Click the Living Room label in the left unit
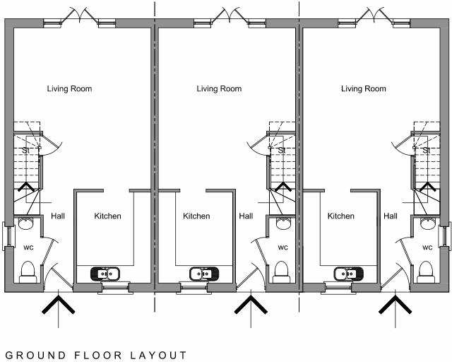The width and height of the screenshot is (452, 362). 69,89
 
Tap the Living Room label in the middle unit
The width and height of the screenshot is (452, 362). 219,89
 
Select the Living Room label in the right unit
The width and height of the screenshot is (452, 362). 364,89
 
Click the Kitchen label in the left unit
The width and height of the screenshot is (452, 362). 108,216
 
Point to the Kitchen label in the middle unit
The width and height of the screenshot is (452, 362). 196,216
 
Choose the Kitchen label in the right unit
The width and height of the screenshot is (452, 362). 340,216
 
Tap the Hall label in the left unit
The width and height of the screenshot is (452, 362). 58,216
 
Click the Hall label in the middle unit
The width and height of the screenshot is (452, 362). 246,216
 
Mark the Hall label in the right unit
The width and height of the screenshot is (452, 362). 390,216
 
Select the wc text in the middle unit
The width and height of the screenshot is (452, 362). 282,247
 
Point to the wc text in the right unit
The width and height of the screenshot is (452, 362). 427,247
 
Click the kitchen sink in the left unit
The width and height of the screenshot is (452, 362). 107,273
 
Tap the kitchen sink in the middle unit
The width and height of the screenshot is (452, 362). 205,273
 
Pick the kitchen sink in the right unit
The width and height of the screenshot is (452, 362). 348,273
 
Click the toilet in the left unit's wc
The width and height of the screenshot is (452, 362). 29,271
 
